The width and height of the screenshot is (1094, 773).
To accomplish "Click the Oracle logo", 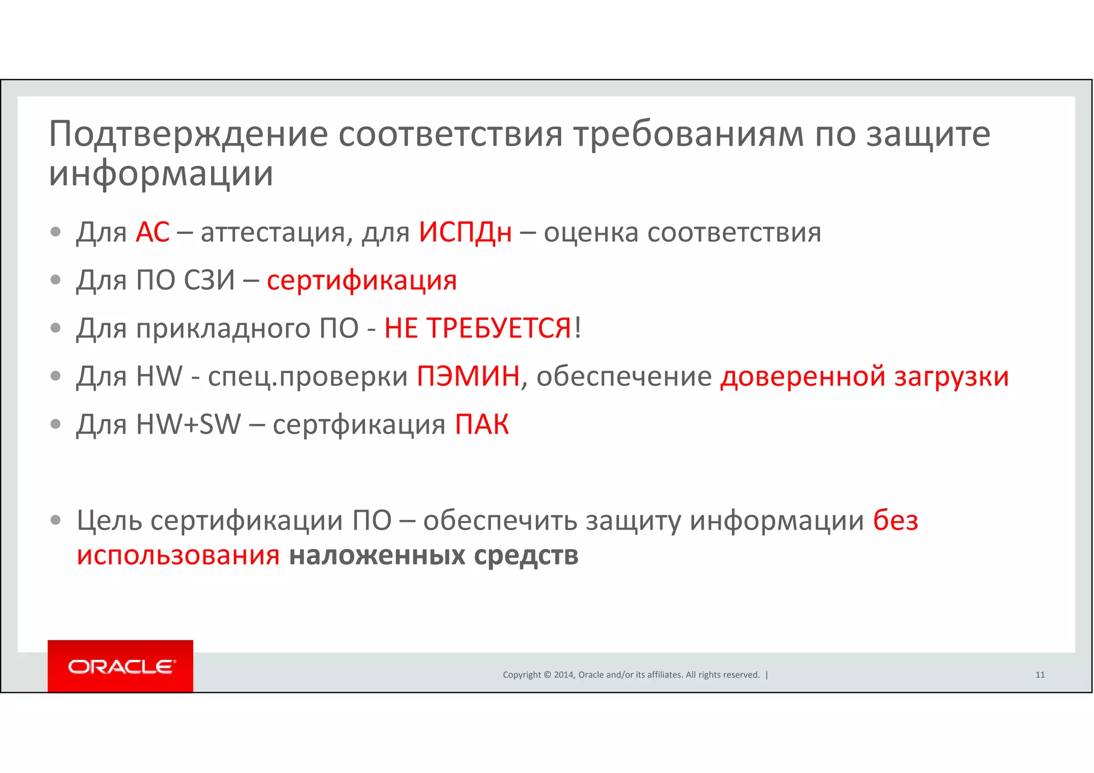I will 121,667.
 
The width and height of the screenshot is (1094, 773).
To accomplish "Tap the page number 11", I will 1040,675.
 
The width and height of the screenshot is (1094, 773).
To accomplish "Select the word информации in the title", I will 161,174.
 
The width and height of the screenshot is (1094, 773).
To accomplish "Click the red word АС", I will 152,232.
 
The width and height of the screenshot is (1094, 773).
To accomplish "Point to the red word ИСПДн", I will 465,232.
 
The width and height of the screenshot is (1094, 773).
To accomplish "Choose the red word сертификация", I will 362,281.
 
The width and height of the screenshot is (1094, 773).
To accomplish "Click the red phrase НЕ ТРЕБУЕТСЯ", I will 478,328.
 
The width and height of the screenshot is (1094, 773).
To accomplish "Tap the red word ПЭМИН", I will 468,376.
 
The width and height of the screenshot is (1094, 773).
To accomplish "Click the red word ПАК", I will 481,425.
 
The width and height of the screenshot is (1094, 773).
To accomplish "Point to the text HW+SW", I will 189,424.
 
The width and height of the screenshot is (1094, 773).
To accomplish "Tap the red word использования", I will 178,555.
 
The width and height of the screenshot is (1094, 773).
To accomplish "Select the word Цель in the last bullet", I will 110,520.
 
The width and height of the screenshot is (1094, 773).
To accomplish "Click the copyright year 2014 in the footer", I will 564,675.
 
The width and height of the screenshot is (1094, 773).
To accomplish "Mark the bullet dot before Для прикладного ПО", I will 56,327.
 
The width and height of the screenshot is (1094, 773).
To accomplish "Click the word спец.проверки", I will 308,377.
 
